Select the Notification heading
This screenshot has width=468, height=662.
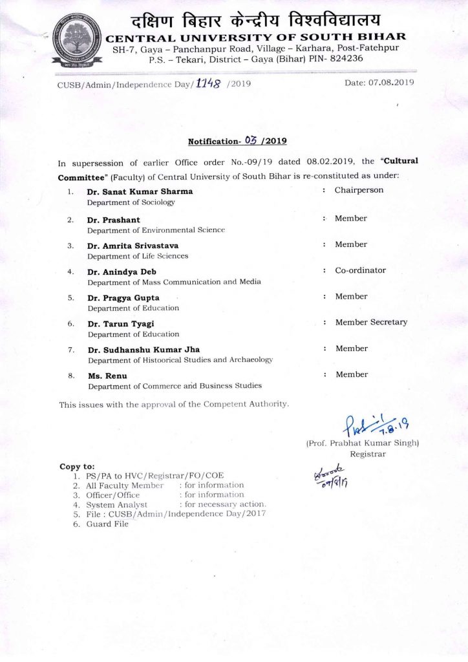click(x=237, y=140)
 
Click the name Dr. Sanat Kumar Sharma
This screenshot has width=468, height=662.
click(x=140, y=191)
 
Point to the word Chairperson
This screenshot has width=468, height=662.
click(x=359, y=190)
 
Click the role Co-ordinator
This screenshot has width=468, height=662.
click(x=360, y=270)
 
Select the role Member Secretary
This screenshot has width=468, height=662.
click(x=371, y=322)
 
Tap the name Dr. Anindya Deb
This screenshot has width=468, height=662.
click(x=122, y=272)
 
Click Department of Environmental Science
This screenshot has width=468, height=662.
click(x=156, y=230)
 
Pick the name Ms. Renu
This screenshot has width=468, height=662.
click(x=107, y=376)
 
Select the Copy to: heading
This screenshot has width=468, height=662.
click(x=77, y=466)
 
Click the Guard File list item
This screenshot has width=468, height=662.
click(x=107, y=524)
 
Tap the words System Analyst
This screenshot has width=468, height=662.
click(x=117, y=504)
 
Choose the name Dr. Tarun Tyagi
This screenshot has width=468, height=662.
click(x=121, y=324)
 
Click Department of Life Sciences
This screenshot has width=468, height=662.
click(x=138, y=256)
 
